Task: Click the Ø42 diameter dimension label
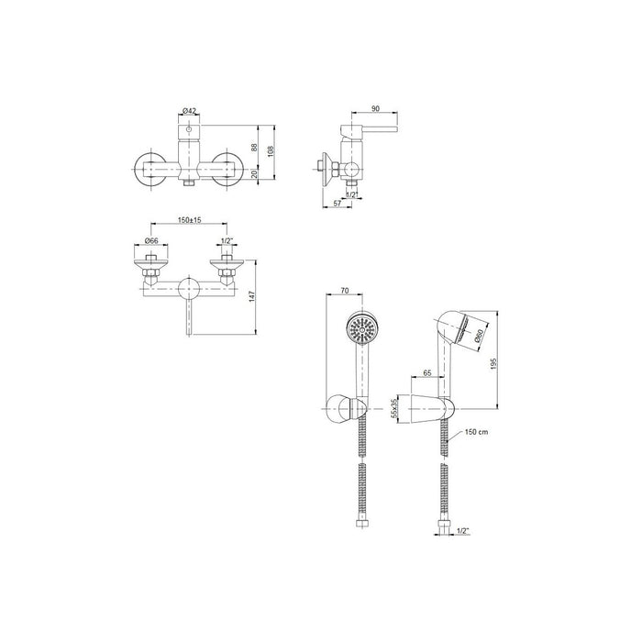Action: (189, 111)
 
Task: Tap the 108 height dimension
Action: (271, 151)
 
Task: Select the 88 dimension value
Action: (254, 148)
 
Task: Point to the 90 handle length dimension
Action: (375, 108)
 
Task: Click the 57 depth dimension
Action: (338, 203)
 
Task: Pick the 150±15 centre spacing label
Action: (189, 220)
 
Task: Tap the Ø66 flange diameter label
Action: (151, 240)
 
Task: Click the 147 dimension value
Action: (251, 297)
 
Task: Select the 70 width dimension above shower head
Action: (344, 291)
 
